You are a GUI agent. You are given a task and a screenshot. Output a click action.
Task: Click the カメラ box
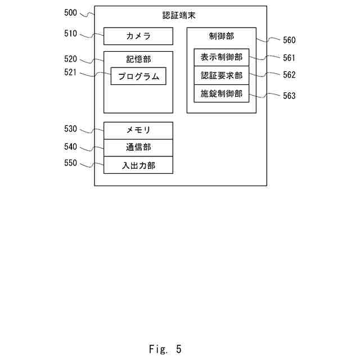138,37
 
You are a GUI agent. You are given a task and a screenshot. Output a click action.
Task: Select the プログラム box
138,76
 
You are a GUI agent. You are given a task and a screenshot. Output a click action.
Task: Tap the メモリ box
138,130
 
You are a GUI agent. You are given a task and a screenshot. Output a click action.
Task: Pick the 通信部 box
138,148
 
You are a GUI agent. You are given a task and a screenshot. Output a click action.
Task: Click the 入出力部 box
138,165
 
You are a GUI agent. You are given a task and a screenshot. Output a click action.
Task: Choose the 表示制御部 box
221,57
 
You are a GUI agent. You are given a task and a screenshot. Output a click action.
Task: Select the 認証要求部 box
221,75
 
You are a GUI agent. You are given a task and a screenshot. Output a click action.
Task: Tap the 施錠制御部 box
221,93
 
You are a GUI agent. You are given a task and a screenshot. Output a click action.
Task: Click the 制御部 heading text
221,36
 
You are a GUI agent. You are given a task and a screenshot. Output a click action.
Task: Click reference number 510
71,34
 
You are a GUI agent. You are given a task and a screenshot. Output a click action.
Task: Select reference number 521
71,72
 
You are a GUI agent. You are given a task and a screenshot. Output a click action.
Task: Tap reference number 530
71,129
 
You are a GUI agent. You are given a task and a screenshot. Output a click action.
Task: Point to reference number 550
71,163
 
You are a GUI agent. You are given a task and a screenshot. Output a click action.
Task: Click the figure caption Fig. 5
165,349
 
